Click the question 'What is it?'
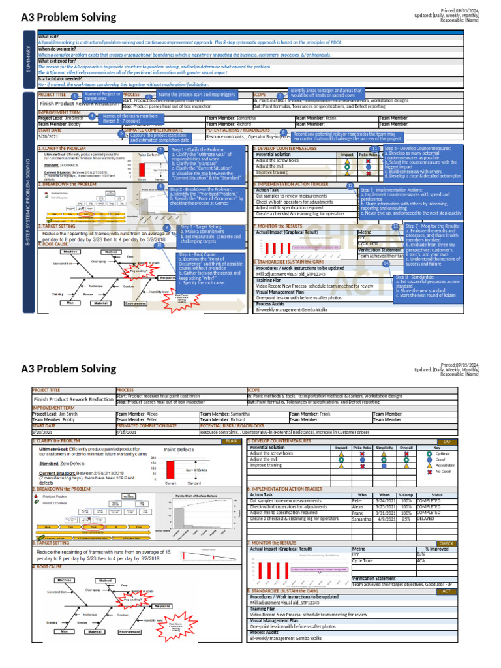(x=48, y=37)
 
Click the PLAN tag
(x=230, y=441)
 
